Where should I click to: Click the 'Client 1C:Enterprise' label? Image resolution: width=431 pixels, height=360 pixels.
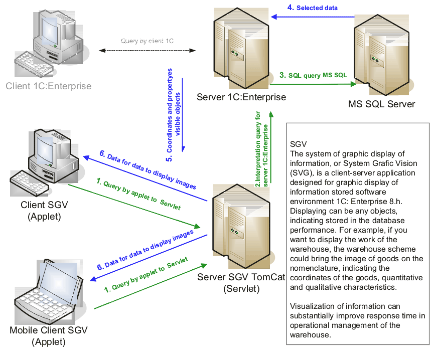[49, 86]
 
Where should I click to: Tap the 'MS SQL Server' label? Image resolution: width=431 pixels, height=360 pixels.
[381, 104]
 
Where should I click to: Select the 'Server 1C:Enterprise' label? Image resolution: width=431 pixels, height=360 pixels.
[241, 97]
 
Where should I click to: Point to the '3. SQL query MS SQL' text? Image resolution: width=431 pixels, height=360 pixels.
[313, 75]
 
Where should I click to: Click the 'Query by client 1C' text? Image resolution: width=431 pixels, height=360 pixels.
[147, 41]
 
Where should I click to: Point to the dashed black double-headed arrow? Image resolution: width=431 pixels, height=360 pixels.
[147, 50]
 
